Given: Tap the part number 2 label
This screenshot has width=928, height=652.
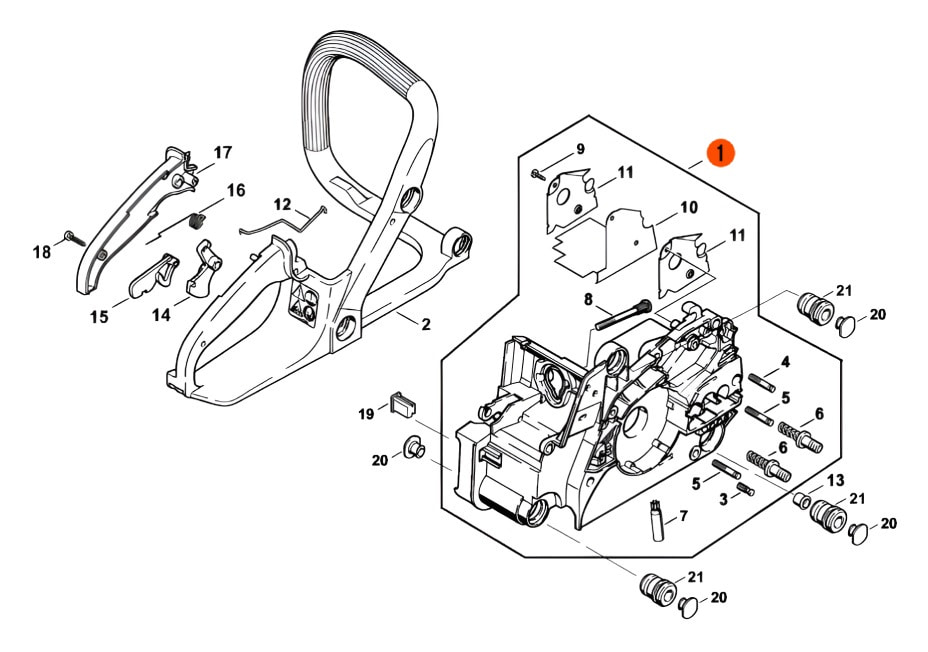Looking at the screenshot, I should click(426, 324).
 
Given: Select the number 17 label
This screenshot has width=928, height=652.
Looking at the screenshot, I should click(222, 153).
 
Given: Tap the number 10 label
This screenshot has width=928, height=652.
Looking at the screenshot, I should click(688, 208).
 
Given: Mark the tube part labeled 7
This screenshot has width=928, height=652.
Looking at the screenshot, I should click(659, 522).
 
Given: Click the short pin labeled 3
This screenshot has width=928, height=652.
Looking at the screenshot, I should click(745, 489).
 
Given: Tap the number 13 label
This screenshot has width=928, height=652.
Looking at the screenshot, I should click(835, 481).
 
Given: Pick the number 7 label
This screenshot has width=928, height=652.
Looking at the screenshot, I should click(684, 517).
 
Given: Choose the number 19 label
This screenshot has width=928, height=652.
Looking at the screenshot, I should click(366, 413).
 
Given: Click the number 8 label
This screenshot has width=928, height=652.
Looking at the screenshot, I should click(588, 299).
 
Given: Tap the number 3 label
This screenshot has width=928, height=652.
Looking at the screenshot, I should click(723, 500).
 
